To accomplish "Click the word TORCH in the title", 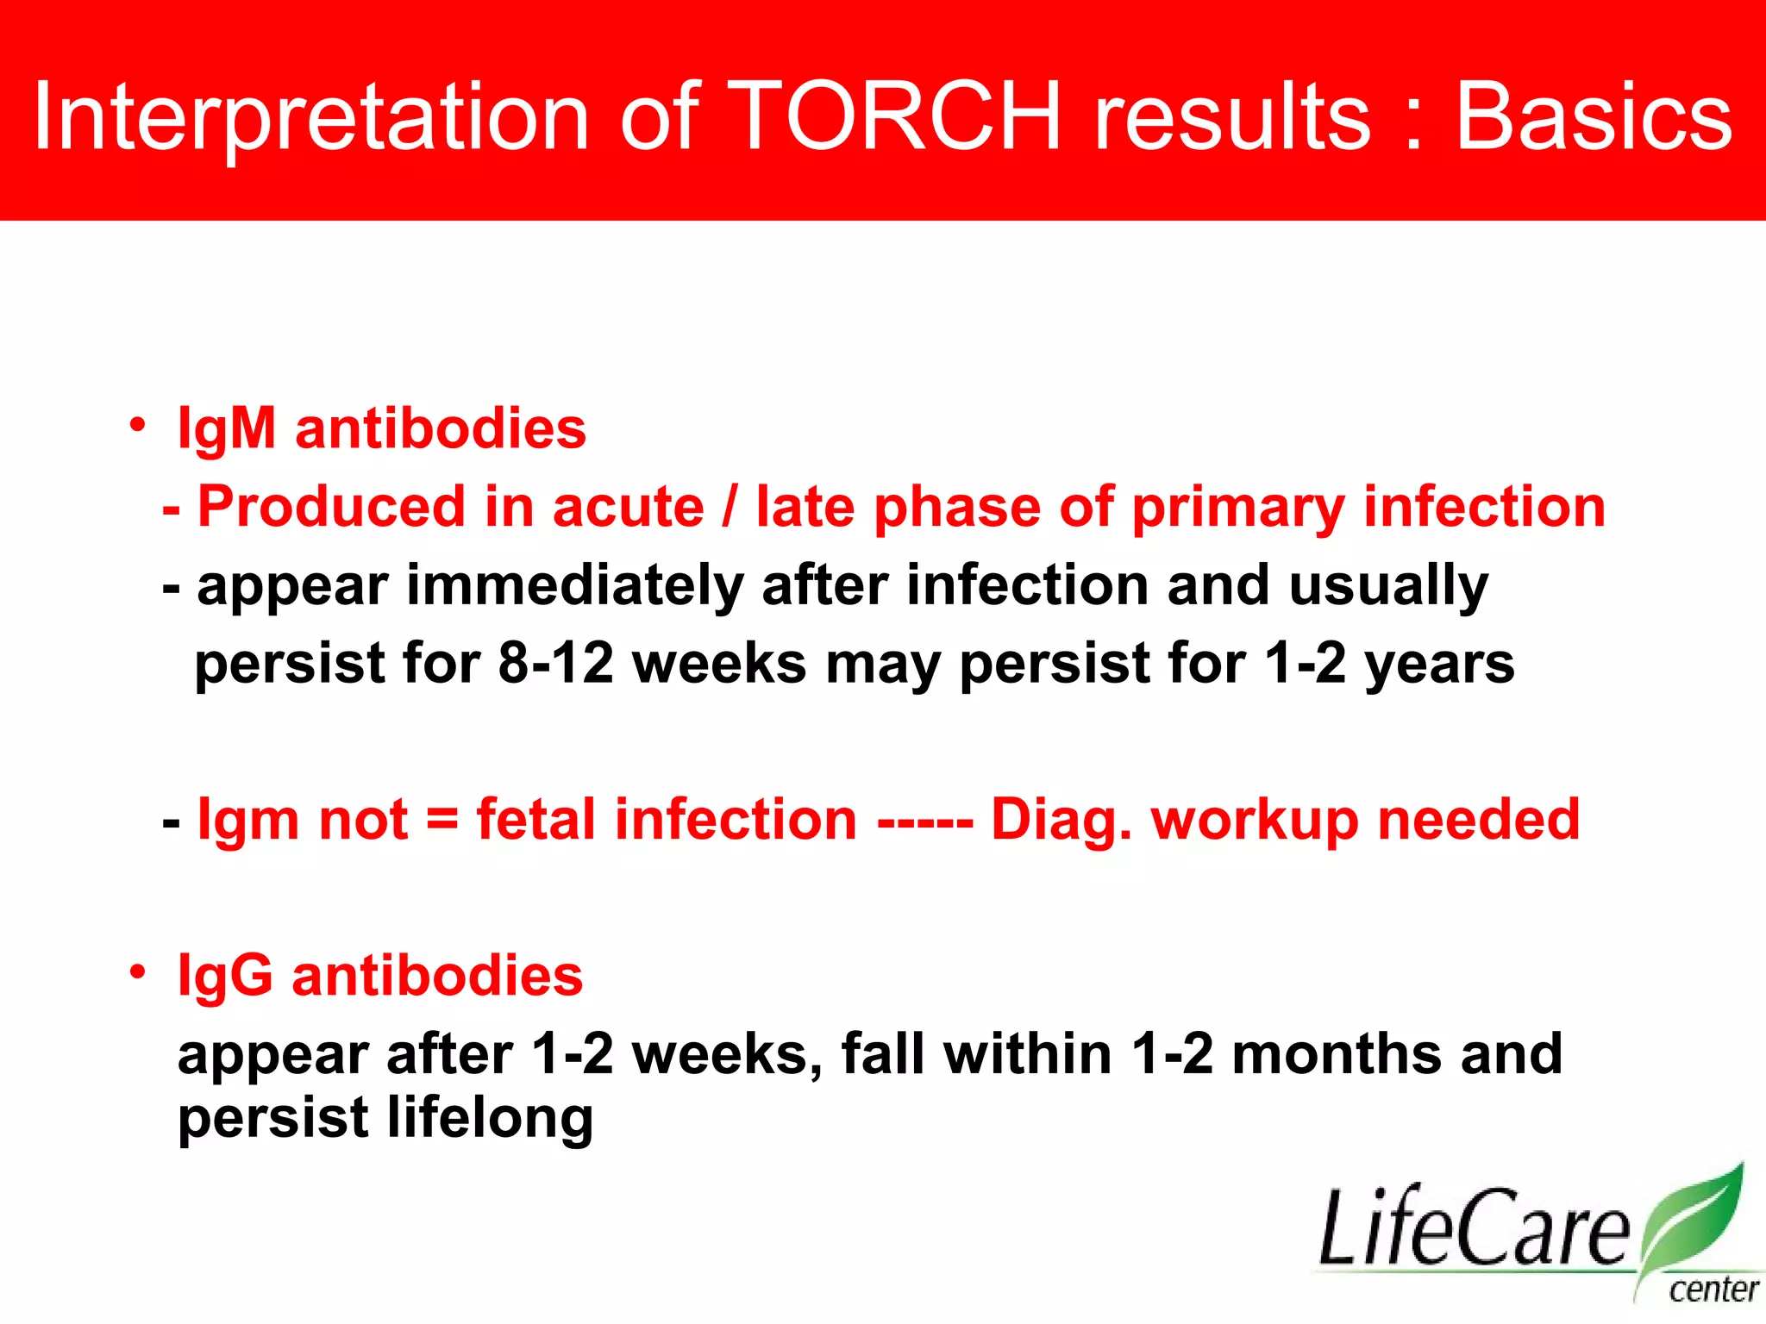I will [x=899, y=116].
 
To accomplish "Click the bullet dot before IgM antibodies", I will [x=137, y=425].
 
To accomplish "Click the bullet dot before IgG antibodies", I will [x=137, y=972].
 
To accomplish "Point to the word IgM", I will [x=226, y=428].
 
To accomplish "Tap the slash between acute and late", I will [x=730, y=507].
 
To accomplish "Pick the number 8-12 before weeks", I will [x=556, y=664].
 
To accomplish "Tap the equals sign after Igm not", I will [x=442, y=819].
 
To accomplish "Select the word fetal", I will [x=535, y=819].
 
